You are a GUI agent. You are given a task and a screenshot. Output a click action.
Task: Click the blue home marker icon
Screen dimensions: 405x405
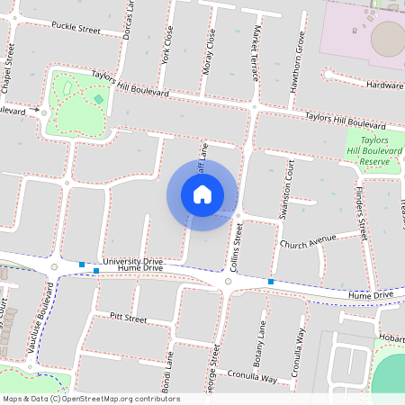pyautogui.click(x=202, y=194)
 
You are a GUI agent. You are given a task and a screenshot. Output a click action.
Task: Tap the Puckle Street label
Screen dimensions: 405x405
pyautogui.click(x=76, y=29)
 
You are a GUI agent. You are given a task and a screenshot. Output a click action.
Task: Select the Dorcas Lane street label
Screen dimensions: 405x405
pyautogui.click(x=131, y=17)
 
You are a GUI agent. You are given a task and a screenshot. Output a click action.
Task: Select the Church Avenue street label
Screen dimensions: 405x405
pyautogui.click(x=307, y=242)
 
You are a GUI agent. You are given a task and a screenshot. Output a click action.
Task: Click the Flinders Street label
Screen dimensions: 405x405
pyautogui.click(x=362, y=211)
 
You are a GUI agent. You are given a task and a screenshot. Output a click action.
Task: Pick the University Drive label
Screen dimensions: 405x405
pyautogui.click(x=132, y=261)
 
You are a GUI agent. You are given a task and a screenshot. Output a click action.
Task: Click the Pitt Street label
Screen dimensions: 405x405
pyautogui.click(x=127, y=318)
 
